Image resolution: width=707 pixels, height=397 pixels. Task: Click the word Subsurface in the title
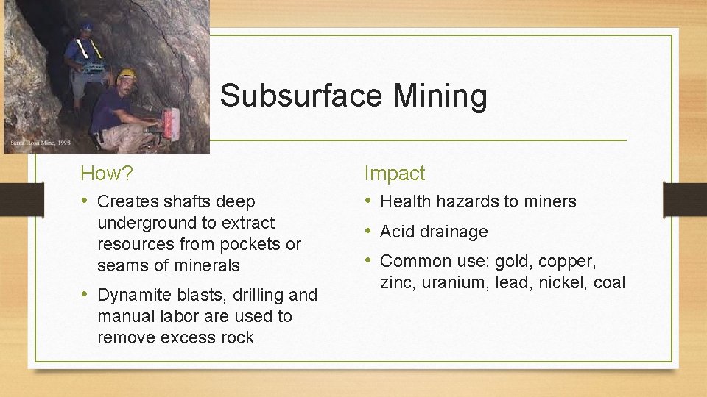pyautogui.click(x=300, y=96)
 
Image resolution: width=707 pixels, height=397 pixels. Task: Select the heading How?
pyautogui.click(x=107, y=174)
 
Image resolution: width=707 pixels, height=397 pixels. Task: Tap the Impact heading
pyautogui.click(x=395, y=174)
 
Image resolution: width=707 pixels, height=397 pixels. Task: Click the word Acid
pyautogui.click(x=395, y=232)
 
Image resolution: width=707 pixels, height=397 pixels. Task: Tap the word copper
pyautogui.click(x=568, y=261)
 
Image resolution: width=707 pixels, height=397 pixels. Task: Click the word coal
pyautogui.click(x=608, y=282)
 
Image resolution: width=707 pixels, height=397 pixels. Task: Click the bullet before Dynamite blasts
pyautogui.click(x=86, y=294)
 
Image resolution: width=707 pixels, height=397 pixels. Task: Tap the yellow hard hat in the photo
pyautogui.click(x=127, y=74)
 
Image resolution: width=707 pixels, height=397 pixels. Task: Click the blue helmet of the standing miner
pyautogui.click(x=87, y=26)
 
